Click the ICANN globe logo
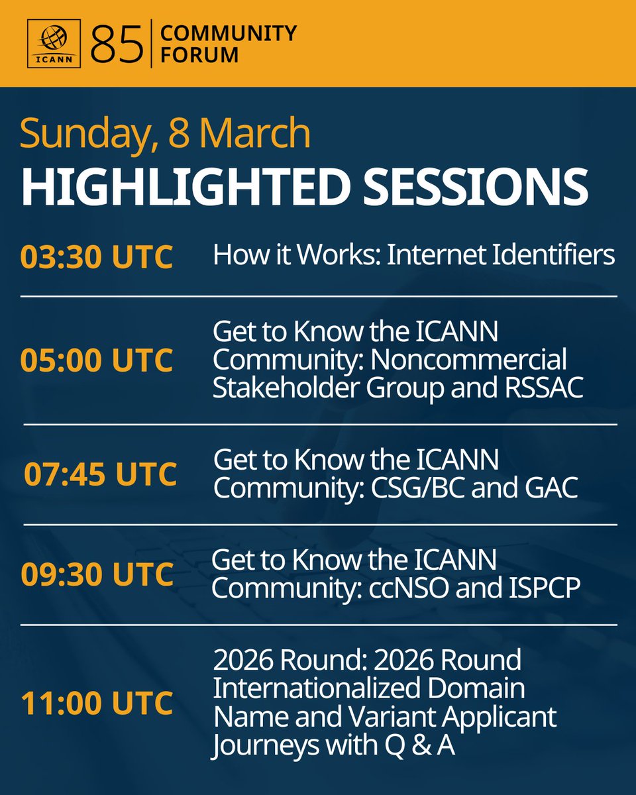(x=55, y=43)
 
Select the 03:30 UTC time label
(x=97, y=257)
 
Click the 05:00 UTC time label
(x=97, y=360)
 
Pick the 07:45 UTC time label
(x=101, y=474)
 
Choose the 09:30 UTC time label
(x=97, y=574)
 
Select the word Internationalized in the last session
(x=317, y=688)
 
